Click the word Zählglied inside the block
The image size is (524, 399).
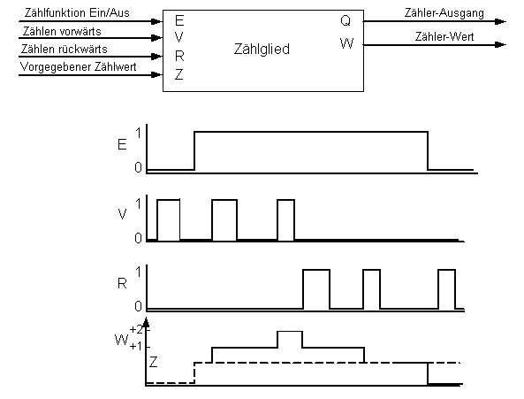[x=262, y=50]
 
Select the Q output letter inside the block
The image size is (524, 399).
[x=346, y=20]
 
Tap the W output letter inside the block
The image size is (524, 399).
[x=346, y=43]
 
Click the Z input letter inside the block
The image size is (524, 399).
[x=179, y=74]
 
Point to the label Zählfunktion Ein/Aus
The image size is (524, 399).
[x=77, y=12]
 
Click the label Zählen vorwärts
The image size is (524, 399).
[x=62, y=32]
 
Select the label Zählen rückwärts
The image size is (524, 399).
[x=65, y=50]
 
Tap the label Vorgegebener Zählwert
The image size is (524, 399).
[x=78, y=67]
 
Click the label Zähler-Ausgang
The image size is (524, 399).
[x=444, y=13]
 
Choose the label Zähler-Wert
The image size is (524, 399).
[x=444, y=36]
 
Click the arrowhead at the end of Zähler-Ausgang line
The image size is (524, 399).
[x=501, y=22]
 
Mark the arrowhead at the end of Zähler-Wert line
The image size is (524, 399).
[x=501, y=44]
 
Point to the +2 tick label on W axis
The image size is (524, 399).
[x=136, y=330]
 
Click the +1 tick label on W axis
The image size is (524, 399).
[x=136, y=347]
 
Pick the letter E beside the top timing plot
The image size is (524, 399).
[x=122, y=144]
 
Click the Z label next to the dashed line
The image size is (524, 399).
[x=153, y=362]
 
